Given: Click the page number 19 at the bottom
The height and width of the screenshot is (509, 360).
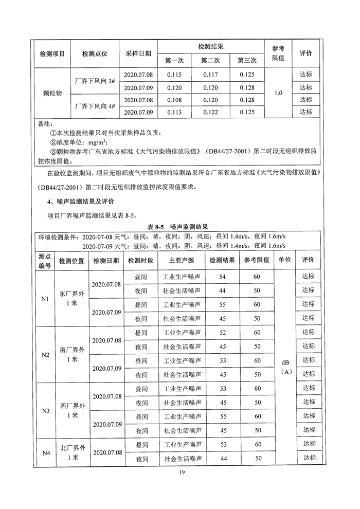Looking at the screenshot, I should pyautogui.click(x=179, y=473).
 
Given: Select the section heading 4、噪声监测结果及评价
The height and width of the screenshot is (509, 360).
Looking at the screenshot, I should pyautogui.click(x=81, y=201).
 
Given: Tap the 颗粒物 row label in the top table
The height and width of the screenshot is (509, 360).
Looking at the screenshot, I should pyautogui.click(x=52, y=94).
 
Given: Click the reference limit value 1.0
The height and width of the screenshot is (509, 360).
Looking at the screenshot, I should pyautogui.click(x=279, y=93).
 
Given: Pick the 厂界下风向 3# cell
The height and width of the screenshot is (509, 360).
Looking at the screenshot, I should pyautogui.click(x=95, y=81).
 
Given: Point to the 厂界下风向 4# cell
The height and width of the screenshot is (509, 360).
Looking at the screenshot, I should pyautogui.click(x=95, y=106).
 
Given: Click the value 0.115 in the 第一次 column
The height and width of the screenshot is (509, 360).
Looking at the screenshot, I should pyautogui.click(x=175, y=75).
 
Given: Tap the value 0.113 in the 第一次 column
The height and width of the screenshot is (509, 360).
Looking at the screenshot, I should pyautogui.click(x=175, y=112).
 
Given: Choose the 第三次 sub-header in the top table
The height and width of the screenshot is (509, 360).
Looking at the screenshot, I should pyautogui.click(x=247, y=61).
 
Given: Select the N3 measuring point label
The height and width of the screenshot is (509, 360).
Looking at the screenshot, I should pyautogui.click(x=45, y=411).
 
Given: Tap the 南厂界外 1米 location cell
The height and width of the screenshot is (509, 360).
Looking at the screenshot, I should pyautogui.click(x=72, y=355).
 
